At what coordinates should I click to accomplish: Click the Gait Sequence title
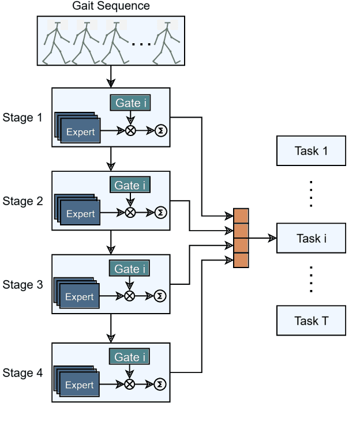click(x=111, y=6)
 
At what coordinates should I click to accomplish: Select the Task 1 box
click(x=311, y=151)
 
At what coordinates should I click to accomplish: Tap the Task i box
click(x=311, y=238)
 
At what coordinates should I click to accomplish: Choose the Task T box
click(x=311, y=321)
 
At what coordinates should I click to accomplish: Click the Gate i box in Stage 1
click(x=130, y=103)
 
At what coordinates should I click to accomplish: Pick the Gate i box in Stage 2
click(x=130, y=186)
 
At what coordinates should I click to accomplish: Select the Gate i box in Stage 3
click(x=130, y=269)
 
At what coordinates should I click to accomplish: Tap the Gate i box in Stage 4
click(x=130, y=357)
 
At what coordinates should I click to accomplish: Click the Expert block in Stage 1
click(x=80, y=131)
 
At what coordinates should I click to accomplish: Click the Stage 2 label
click(x=22, y=201)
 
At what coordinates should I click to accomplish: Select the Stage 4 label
click(x=22, y=373)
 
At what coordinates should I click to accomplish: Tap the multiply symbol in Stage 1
click(x=130, y=131)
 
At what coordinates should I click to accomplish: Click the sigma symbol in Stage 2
click(x=160, y=213)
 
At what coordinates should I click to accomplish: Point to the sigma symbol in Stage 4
click(x=160, y=385)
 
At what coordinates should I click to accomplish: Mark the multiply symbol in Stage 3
click(x=130, y=296)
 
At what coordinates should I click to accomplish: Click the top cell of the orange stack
click(x=241, y=216)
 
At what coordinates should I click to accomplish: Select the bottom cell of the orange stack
click(x=241, y=261)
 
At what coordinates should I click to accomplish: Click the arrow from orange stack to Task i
click(x=262, y=238)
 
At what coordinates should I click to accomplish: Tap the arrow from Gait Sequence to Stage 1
click(x=111, y=76)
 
